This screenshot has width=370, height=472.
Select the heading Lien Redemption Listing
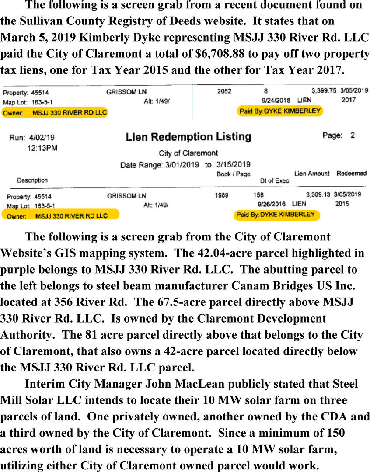188,137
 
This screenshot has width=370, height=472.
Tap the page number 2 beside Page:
353,135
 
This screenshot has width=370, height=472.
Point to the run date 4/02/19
42,138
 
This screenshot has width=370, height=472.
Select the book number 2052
224,92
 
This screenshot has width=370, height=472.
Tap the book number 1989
222,195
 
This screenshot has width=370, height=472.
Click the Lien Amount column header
312,174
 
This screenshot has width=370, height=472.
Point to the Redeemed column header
351,174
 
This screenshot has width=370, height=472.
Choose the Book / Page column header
233,174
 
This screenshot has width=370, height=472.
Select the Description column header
32,180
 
